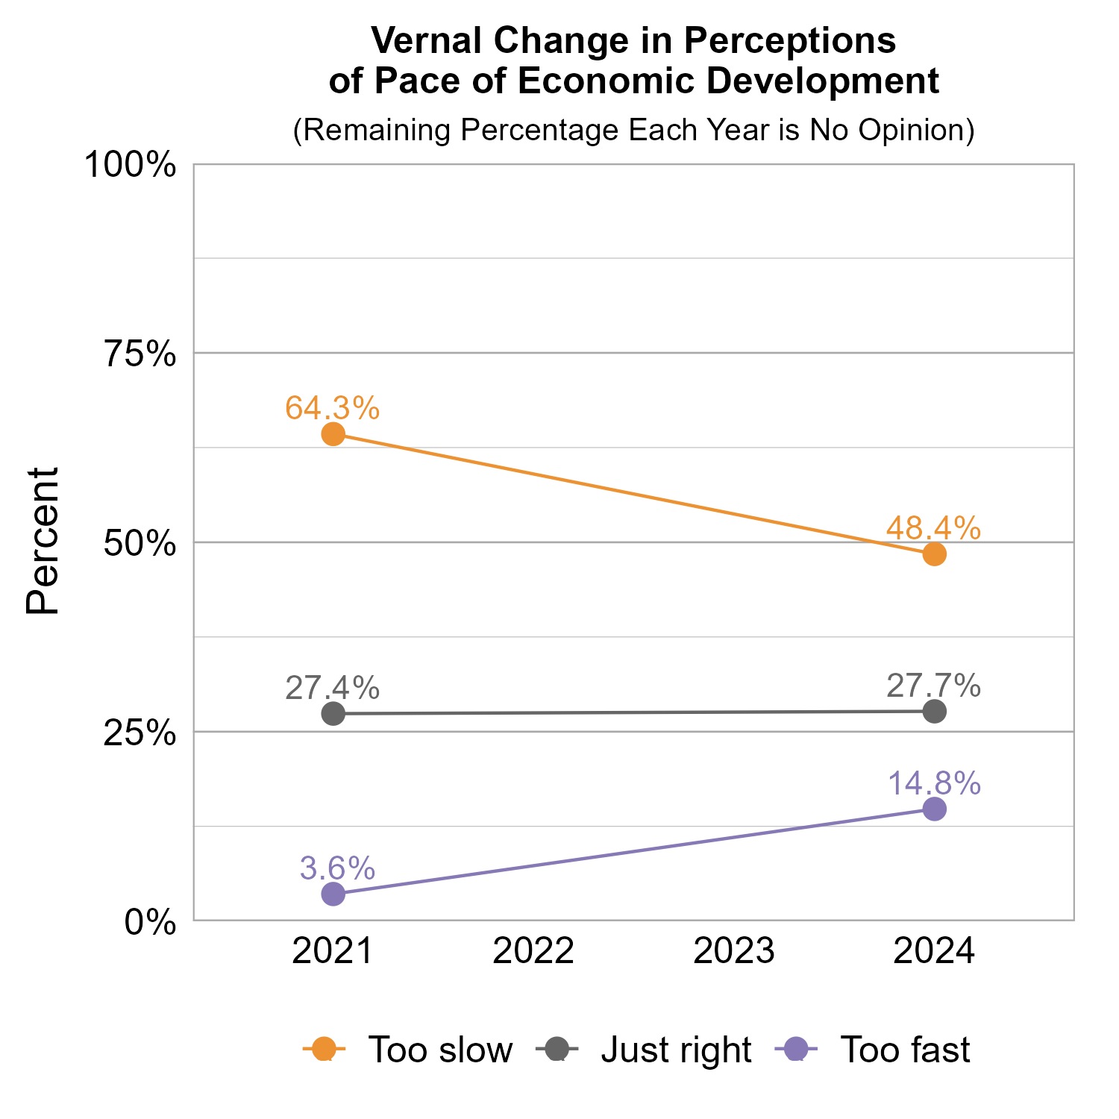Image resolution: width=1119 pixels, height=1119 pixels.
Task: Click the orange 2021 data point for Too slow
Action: click(333, 434)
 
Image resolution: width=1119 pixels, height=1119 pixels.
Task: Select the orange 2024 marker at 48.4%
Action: click(934, 554)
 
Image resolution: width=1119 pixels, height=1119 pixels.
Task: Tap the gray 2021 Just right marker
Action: click(333, 714)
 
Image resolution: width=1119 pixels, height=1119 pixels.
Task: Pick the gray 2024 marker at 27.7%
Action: click(934, 712)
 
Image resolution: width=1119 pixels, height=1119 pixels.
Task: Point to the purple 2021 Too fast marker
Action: click(333, 894)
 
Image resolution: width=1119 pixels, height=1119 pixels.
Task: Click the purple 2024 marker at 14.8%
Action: click(934, 809)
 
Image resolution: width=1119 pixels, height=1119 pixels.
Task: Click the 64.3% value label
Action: click(333, 408)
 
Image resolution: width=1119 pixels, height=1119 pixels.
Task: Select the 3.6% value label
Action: click(337, 868)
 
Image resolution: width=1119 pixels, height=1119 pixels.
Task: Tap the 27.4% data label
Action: click(333, 688)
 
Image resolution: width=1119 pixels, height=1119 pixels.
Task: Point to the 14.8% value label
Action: click(934, 784)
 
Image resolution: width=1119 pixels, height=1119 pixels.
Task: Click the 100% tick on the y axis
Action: click(131, 165)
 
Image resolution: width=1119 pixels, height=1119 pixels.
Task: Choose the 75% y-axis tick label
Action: click(140, 354)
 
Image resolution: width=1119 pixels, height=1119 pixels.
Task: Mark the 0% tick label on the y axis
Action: click(150, 923)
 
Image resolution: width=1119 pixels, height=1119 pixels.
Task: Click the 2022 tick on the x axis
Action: click(533, 952)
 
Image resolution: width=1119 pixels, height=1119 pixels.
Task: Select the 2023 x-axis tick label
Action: click(734, 952)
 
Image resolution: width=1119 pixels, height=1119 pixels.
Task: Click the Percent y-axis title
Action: click(43, 542)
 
